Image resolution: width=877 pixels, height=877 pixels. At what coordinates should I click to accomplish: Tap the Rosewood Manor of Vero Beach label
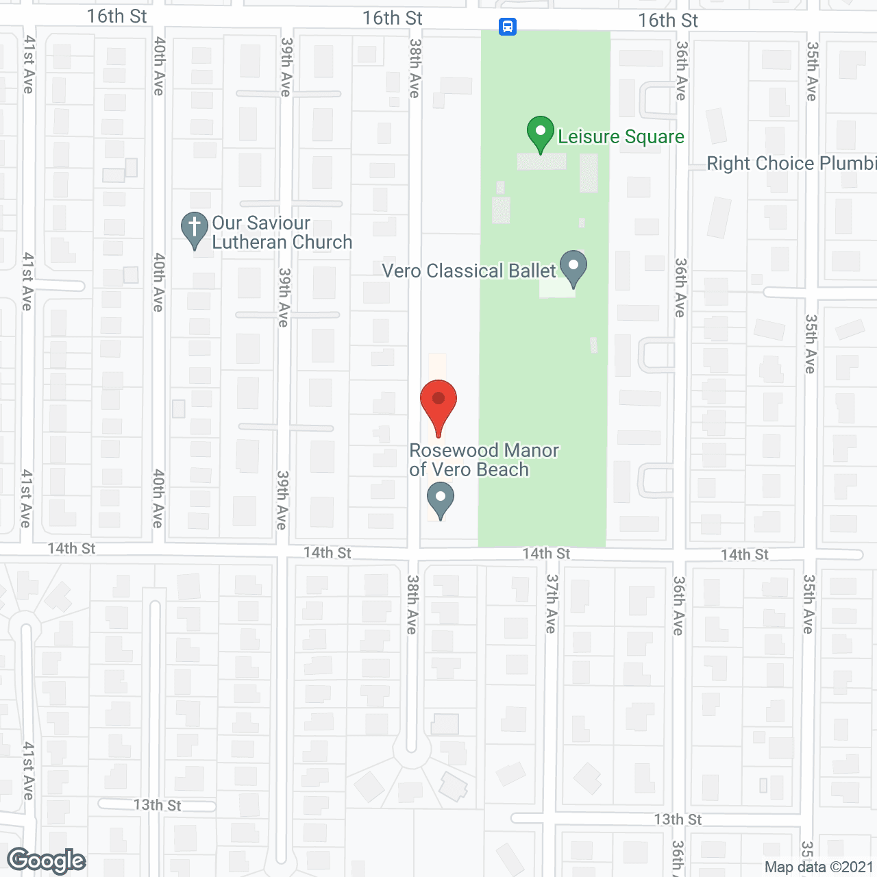484,460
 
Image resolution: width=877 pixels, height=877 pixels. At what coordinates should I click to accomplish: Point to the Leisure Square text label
621,137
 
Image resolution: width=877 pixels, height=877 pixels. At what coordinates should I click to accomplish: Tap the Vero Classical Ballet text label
469,271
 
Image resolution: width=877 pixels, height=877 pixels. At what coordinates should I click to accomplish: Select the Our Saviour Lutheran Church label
282,233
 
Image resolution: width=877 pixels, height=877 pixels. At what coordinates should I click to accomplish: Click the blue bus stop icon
507,27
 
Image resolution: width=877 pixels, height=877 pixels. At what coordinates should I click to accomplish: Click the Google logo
47,861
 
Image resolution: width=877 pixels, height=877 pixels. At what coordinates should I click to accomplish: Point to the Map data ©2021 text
819,867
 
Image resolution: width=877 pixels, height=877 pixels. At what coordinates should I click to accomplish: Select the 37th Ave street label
552,603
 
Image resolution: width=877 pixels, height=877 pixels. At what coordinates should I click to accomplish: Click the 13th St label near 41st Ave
157,805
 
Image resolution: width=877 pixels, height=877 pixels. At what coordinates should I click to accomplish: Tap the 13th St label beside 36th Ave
678,819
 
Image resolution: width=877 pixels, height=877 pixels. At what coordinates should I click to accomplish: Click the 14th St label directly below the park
546,554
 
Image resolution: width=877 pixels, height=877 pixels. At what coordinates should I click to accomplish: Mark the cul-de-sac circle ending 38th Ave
411,757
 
